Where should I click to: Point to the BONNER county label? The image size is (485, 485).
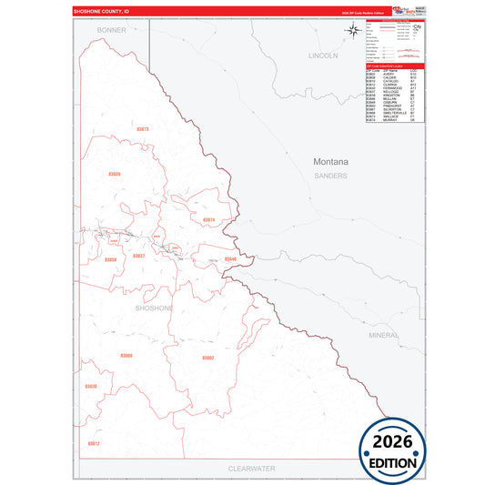click(x=112, y=30)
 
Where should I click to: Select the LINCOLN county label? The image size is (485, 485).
click(x=323, y=56)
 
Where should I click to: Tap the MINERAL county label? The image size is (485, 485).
click(x=384, y=335)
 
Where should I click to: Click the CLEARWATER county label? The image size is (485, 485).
click(x=251, y=467)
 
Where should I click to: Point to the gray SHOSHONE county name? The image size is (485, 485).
click(x=153, y=308)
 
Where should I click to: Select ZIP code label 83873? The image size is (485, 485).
click(x=141, y=129)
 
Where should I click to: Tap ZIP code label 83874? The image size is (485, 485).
click(x=208, y=220)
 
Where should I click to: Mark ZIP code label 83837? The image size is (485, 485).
click(x=138, y=256)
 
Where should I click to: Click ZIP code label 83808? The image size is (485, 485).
click(x=126, y=355)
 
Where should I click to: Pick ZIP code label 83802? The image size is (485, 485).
click(x=207, y=358)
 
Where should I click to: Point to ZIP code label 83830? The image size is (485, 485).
click(x=90, y=387)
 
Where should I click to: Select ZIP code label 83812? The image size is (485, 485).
click(x=94, y=443)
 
